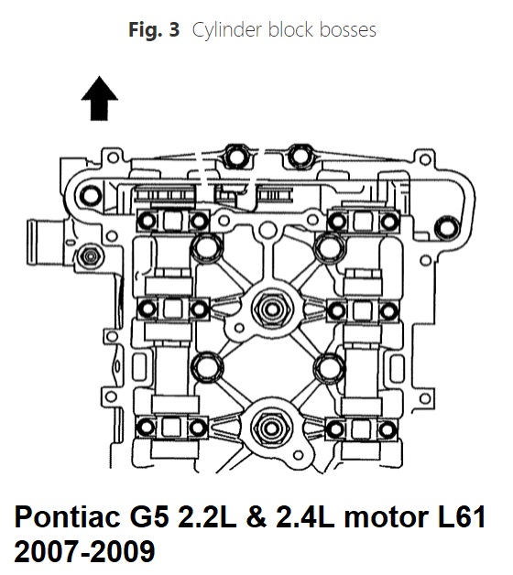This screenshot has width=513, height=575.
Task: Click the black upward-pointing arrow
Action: [100, 98]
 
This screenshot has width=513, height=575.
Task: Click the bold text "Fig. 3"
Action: [154, 29]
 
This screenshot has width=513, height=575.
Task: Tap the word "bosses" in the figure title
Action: [348, 30]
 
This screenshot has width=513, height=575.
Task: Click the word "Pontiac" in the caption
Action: [67, 517]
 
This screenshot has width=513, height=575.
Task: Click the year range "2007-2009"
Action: [84, 551]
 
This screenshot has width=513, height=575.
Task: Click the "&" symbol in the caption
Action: [256, 517]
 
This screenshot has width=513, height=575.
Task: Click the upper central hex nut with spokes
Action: [272, 309]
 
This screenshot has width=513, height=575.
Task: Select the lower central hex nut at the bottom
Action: [271, 429]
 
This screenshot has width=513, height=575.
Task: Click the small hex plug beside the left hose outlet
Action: [89, 256]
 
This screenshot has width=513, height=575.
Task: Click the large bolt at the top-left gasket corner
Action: [90, 195]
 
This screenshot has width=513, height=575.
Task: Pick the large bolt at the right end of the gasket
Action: [446, 228]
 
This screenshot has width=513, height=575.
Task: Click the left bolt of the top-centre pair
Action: [235, 157]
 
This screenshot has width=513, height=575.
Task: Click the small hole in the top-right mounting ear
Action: [425, 160]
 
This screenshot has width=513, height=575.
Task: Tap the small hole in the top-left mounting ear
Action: [113, 157]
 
